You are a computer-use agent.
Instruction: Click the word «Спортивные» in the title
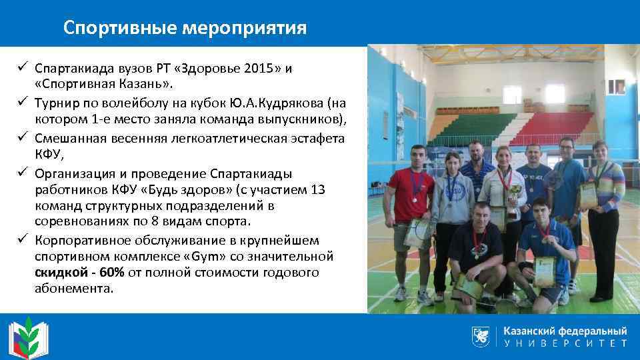(111, 28)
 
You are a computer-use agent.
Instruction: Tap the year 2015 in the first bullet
(262, 68)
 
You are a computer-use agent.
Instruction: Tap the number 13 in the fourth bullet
(319, 190)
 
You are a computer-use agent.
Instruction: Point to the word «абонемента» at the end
(73, 289)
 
